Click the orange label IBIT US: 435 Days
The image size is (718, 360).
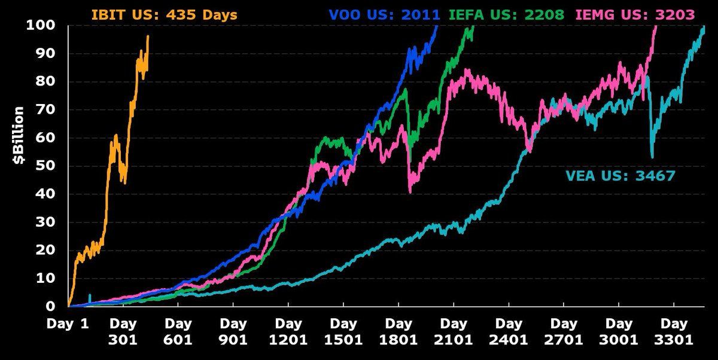point(164,14)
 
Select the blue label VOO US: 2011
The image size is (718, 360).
point(384,14)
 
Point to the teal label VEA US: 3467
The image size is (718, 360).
point(620,176)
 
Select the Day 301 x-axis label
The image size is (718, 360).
point(123,332)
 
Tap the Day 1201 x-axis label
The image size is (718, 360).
point(288,332)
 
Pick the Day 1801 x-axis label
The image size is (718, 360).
point(398,332)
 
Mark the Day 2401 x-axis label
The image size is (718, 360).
point(509,332)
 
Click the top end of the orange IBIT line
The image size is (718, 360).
point(148,36)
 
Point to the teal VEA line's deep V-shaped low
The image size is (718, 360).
point(652,157)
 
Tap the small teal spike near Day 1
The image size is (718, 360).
point(90,295)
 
